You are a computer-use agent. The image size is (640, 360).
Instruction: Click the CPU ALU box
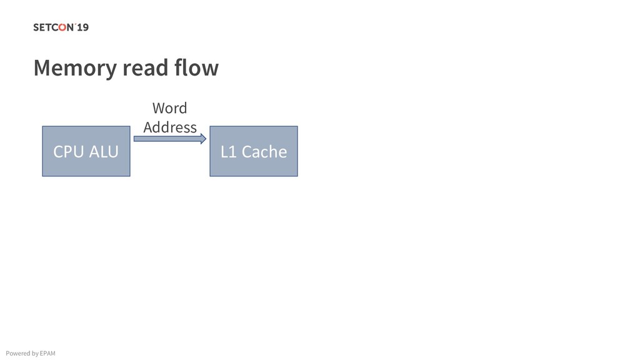pyautogui.click(x=86, y=151)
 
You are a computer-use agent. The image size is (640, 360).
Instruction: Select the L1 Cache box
pyautogui.click(x=253, y=151)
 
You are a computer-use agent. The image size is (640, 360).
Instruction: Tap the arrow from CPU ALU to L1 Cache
pyautogui.click(x=169, y=139)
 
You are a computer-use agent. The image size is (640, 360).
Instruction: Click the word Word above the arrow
pyautogui.click(x=169, y=108)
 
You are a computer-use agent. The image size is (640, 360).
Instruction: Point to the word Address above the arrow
pyautogui.click(x=169, y=127)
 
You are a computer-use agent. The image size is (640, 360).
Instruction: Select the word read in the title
pyautogui.click(x=144, y=67)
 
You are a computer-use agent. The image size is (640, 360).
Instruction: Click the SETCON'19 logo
pyautogui.click(x=61, y=27)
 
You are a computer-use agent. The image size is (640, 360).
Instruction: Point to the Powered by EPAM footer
pyautogui.click(x=30, y=353)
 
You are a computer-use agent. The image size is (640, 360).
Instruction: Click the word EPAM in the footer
pyautogui.click(x=47, y=353)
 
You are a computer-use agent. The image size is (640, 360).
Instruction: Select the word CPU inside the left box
pyautogui.click(x=67, y=152)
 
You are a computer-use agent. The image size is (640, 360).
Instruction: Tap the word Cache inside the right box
pyautogui.click(x=264, y=152)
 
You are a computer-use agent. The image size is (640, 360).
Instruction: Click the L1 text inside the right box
pyautogui.click(x=228, y=152)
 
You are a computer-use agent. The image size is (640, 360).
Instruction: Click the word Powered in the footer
pyautogui.click(x=17, y=353)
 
